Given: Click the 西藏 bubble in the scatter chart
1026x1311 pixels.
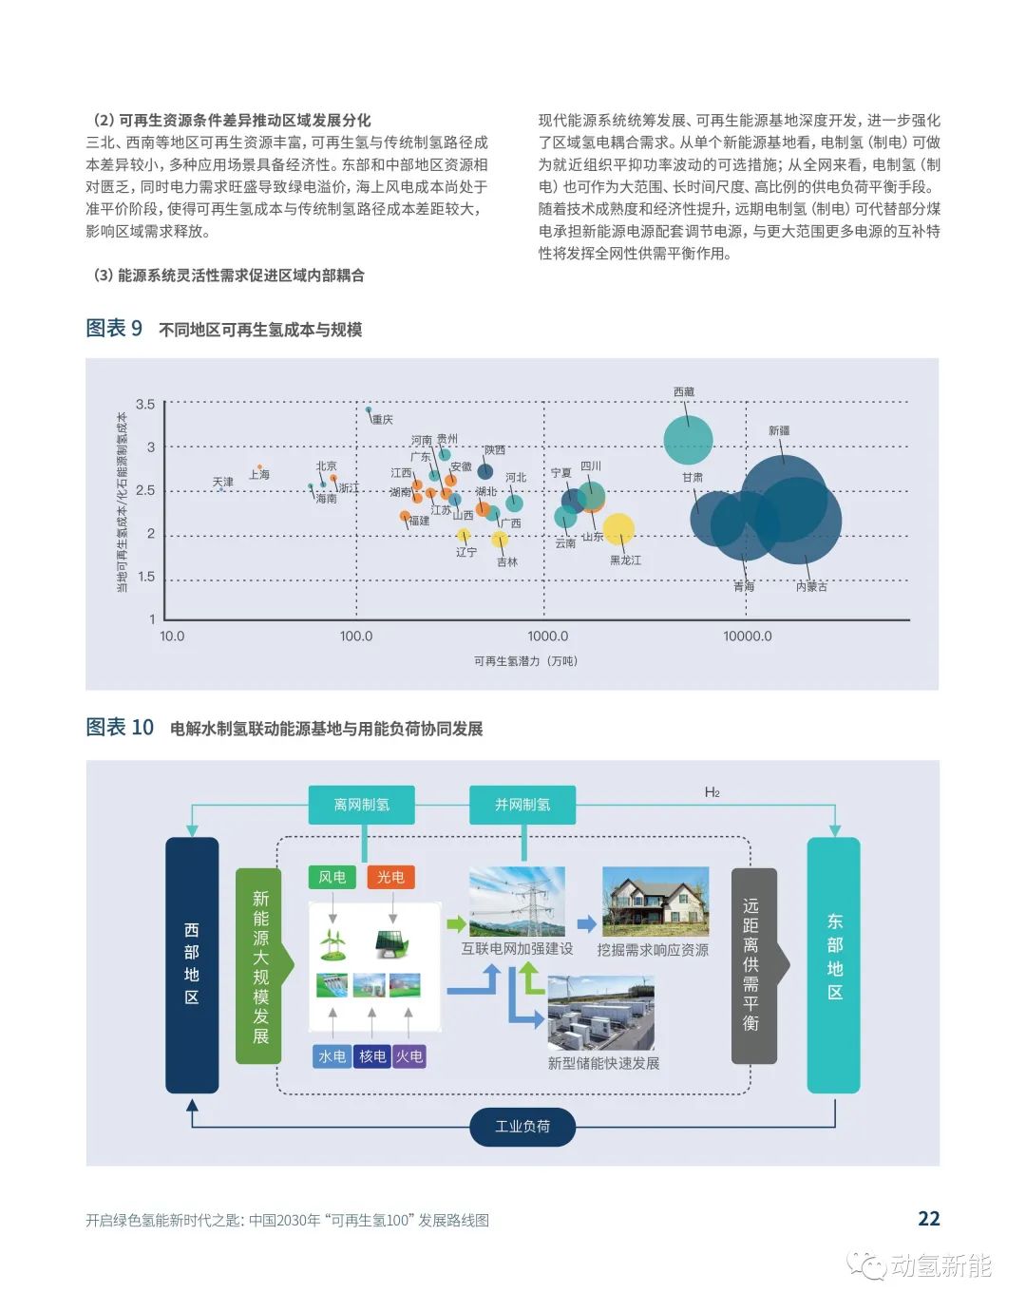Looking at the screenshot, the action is click(688, 441).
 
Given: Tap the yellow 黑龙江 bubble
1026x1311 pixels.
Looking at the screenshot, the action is click(618, 530).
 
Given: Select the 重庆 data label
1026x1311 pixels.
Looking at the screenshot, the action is click(382, 419).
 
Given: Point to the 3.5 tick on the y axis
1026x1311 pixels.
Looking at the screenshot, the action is click(144, 404).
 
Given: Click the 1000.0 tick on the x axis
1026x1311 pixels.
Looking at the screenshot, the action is click(547, 636).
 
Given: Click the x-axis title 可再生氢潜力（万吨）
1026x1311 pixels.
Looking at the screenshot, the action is click(525, 661).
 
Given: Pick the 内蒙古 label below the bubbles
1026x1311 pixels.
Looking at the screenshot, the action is click(811, 586).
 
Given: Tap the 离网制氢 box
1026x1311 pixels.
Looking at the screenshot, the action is click(361, 805).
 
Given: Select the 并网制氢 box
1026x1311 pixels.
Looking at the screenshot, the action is click(522, 805).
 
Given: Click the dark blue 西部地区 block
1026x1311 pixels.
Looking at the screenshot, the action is click(192, 965).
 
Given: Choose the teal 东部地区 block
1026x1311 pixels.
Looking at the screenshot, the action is click(833, 965).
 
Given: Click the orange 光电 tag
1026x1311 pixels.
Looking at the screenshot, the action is click(390, 877).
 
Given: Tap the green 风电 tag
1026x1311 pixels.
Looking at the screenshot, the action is click(332, 877).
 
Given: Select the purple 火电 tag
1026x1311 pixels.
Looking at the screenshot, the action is click(409, 1055).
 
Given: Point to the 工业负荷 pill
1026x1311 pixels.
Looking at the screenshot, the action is click(522, 1126).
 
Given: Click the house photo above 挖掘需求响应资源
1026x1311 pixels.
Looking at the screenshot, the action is click(655, 902).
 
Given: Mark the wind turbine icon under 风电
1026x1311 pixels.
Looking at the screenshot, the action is click(332, 944).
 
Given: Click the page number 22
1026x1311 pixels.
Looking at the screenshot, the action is click(928, 1218).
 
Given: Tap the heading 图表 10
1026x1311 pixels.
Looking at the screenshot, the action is click(120, 727).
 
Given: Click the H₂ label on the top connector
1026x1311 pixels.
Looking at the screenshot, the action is click(712, 792).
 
